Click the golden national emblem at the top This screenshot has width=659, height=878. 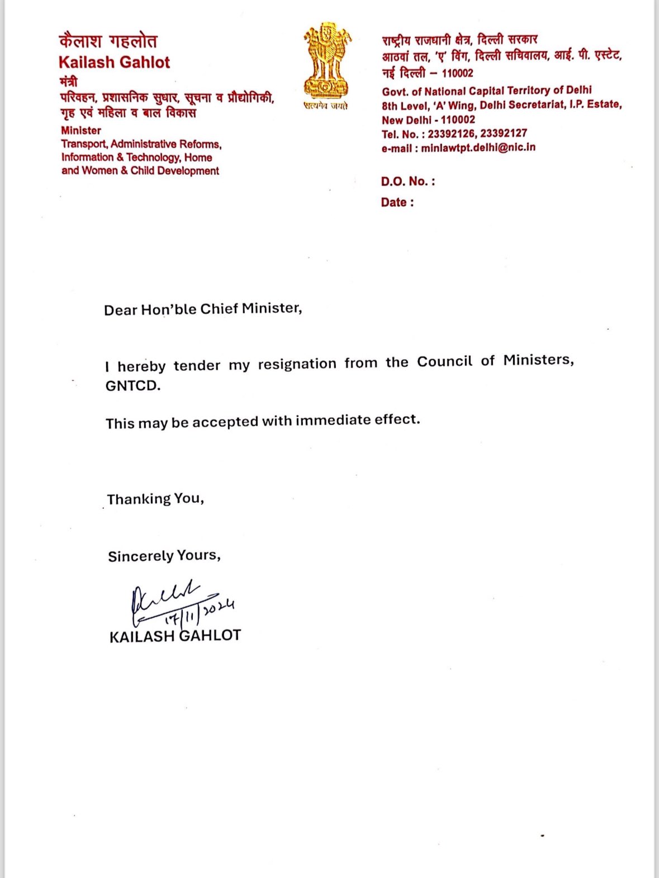tap(327, 60)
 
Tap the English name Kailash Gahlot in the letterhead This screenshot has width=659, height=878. tap(114, 62)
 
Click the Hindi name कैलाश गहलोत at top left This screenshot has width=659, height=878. tap(108, 41)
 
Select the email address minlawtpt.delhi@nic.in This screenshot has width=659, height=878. tap(478, 147)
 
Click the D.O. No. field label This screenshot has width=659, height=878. tap(407, 181)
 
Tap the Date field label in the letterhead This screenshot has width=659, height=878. tap(397, 202)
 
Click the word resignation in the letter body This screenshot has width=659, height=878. tap(297, 364)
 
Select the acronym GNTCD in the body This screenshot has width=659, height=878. tap(132, 386)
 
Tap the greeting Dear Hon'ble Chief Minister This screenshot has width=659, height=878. tap(203, 309)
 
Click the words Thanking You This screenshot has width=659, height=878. tap(155, 499)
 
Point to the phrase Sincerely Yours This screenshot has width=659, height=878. tap(164, 556)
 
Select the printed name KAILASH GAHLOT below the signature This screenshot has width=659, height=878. tap(175, 636)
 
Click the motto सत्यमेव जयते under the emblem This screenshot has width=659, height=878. tap(326, 106)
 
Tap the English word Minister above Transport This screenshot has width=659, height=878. tap(81, 131)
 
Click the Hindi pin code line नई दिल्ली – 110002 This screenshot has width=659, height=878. tap(428, 73)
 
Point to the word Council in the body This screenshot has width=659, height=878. tap(444, 362)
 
